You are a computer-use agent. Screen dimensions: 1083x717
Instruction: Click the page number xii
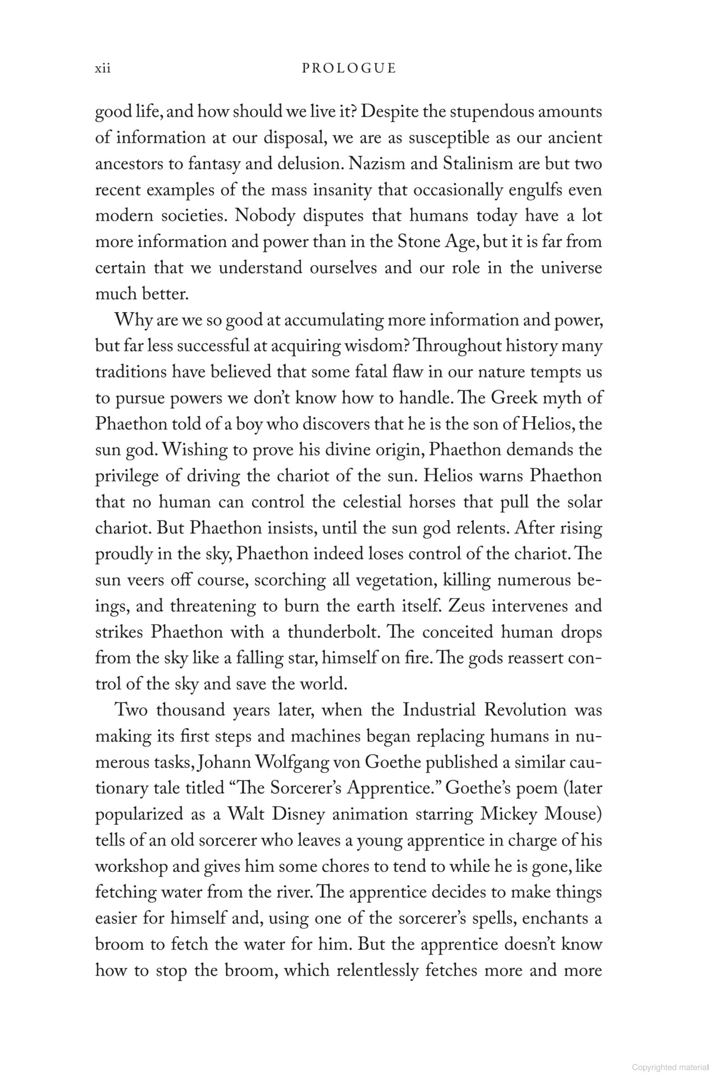[x=103, y=69]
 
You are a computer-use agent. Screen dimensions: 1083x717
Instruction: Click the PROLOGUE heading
[x=348, y=69]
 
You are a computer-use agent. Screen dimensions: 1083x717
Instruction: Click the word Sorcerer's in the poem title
[x=306, y=788]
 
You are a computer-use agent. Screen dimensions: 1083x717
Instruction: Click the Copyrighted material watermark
[x=670, y=1067]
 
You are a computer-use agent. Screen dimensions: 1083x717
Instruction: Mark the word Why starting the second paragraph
[x=131, y=320]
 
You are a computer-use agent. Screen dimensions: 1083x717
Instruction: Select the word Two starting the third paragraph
[x=131, y=710]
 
